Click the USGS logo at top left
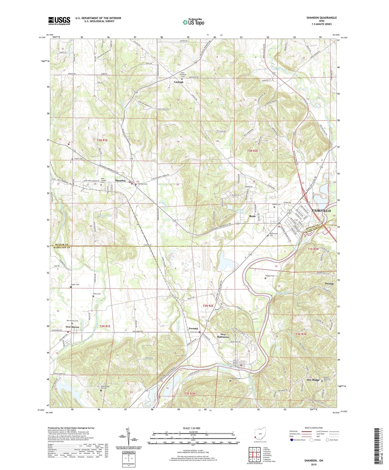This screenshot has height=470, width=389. pos(59,20)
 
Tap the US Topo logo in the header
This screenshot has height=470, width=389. pos(193,22)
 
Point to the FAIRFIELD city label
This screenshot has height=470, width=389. pos(321,211)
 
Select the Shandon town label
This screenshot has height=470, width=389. pos(120,181)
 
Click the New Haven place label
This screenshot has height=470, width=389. pos(72,327)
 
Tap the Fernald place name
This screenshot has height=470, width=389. pos(193,328)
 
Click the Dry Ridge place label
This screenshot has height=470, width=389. pos(313,380)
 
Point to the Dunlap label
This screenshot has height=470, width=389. pos(329,284)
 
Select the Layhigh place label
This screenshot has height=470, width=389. pos(179,82)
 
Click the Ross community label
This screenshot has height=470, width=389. pos(252,216)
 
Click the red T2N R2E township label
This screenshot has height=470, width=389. pos(208,306)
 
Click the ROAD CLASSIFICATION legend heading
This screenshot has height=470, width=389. pos(314,428)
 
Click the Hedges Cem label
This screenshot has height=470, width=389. pos(270,276)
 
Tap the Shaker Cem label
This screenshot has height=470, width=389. pos(75,285)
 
